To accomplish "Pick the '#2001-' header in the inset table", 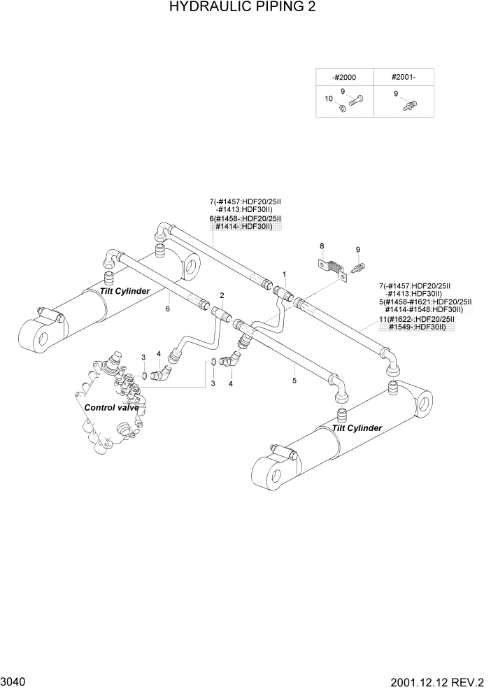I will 402,77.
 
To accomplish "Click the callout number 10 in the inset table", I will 329,99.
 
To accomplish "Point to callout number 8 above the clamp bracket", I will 322,246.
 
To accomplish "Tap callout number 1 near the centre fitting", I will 285,274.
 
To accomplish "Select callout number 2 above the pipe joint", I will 222,295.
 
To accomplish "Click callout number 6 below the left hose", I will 168,308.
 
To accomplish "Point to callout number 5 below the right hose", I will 294,380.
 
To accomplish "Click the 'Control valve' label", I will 111,407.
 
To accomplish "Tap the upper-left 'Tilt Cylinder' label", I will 124,291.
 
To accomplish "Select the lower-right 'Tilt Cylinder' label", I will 357,427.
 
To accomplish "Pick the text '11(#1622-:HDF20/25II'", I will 415,319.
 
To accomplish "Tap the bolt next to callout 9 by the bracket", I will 360,267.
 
